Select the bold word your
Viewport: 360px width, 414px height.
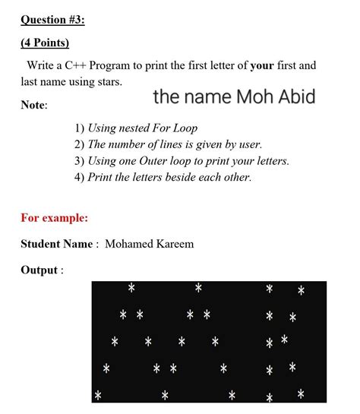pyautogui.click(x=262, y=65)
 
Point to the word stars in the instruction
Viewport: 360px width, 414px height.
pyautogui.click(x=106, y=81)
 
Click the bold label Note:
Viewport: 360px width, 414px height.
pyautogui.click(x=34, y=105)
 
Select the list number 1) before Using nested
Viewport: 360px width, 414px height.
pyautogui.click(x=79, y=128)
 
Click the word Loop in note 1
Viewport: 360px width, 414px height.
pyautogui.click(x=184, y=128)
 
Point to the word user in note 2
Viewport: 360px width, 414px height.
pyautogui.click(x=248, y=144)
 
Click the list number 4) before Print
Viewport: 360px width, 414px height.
pyautogui.click(x=79, y=178)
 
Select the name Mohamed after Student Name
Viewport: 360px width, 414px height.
pyautogui.click(x=128, y=244)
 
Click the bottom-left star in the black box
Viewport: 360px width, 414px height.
pyautogui.click(x=97, y=395)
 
